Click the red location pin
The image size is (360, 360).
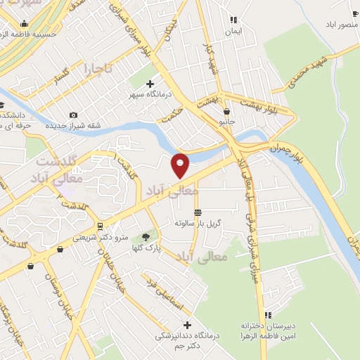(181, 165)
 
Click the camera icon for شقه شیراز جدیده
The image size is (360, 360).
(74, 115)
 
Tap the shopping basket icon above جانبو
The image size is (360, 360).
(226, 111)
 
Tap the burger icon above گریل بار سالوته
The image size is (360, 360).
(198, 212)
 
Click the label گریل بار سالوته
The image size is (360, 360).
(198, 222)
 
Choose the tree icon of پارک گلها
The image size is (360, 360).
(146, 237)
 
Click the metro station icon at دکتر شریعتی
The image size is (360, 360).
(100, 226)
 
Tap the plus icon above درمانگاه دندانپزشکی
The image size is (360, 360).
(187, 325)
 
